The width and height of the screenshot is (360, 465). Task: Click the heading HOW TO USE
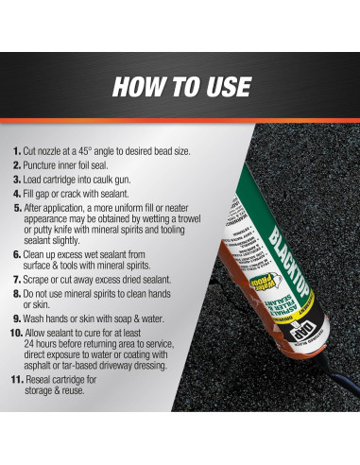[180, 86]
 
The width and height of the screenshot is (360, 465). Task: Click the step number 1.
[17, 151]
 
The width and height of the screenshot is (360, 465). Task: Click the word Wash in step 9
[41, 319]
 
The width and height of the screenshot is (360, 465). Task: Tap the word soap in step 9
[139, 319]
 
